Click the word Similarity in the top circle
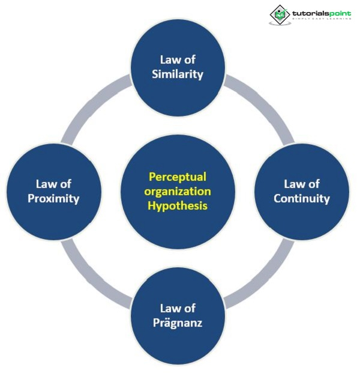pos(178,74)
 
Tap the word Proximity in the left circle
pos(53,198)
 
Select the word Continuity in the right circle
pos(302,198)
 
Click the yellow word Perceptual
pos(178,177)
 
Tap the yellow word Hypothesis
pos(179,205)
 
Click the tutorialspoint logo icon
pos(279,14)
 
